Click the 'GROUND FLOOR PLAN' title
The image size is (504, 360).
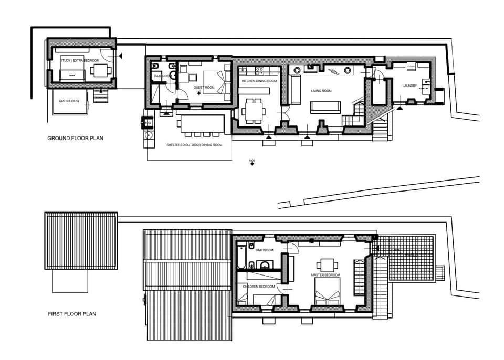pos(76,139)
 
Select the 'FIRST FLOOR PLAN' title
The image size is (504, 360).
pos(72,314)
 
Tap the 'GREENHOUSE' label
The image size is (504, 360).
pos(69,101)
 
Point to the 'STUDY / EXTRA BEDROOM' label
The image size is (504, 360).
pos(80,61)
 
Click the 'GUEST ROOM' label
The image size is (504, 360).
pos(204,88)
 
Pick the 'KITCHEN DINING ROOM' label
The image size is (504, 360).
pos(259,81)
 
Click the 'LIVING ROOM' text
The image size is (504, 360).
pos(321,91)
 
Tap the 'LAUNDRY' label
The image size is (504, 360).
pos(409,86)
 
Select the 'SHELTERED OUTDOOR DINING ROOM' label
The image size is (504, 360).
pos(194,145)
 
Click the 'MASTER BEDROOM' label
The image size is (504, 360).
pos(325,275)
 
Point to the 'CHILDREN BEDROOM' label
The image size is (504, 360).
pos(259,287)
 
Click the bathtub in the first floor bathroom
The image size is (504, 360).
pos(241,257)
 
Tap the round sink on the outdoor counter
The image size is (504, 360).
pos(149,134)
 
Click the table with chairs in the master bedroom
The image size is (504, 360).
pos(327,264)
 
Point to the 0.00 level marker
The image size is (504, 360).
pos(252,162)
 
